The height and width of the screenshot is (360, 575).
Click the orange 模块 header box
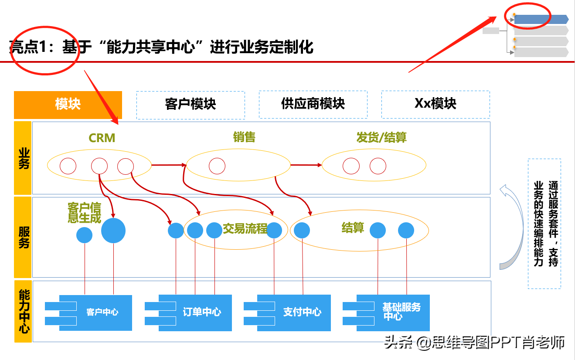(x=68, y=105)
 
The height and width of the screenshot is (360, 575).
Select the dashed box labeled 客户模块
(x=191, y=105)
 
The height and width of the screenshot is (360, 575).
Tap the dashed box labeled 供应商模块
(x=313, y=105)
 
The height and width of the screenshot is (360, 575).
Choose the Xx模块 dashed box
(x=436, y=105)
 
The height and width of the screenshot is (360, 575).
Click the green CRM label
(x=102, y=138)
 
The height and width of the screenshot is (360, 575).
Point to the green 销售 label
(x=244, y=137)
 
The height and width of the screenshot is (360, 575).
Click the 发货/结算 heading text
(x=381, y=137)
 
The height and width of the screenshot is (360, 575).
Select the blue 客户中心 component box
(x=88, y=313)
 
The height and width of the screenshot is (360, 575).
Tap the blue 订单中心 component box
(x=188, y=313)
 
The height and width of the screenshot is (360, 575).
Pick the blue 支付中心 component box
(x=287, y=313)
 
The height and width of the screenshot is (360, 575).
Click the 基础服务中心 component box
(x=386, y=313)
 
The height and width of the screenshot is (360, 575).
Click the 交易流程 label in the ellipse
(x=245, y=228)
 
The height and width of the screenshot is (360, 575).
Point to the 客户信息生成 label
(x=84, y=213)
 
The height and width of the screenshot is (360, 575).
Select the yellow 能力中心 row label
(x=23, y=311)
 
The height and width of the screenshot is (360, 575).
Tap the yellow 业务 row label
(x=23, y=158)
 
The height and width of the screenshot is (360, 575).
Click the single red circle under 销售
(x=217, y=166)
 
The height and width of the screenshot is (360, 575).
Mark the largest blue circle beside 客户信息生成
(x=113, y=231)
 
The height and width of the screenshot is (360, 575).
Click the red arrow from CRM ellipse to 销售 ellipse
(x=169, y=165)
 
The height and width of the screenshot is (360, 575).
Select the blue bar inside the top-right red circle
(x=541, y=20)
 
